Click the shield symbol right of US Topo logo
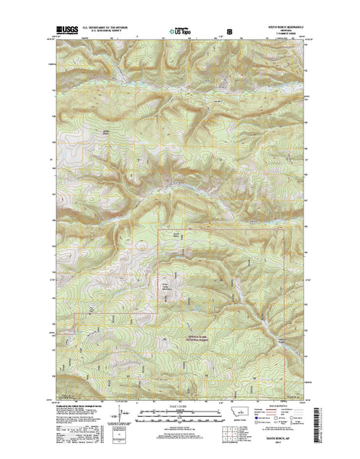tap(220, 33)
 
